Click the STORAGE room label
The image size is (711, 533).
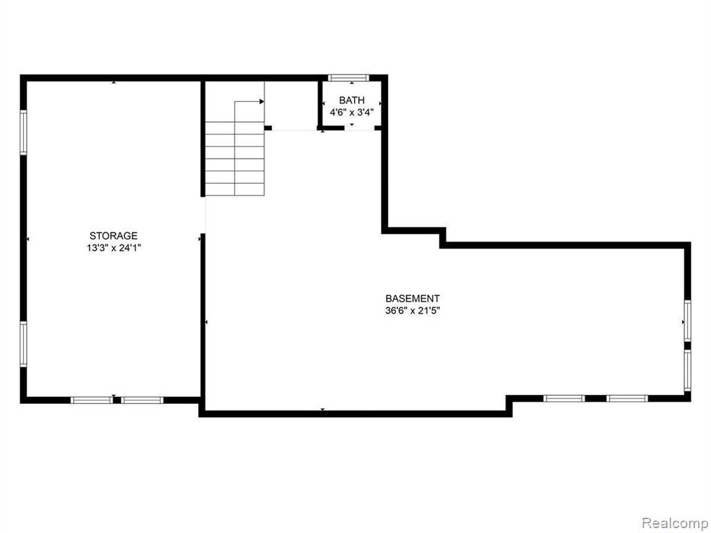pos(113,236)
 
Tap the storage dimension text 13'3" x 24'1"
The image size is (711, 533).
pos(114,248)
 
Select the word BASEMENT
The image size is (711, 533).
pos(412,298)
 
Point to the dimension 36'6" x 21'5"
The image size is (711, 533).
pos(412,311)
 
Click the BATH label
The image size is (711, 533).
pos(351,100)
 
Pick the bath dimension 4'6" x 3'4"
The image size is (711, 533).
pos(351,112)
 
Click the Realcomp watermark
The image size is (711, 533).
pos(674,523)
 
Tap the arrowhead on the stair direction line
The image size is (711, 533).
pos(262,101)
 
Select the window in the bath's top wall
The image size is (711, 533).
pos(349,78)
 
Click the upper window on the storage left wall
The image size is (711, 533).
pos(23,133)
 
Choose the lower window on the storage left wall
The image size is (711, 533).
pos(23,344)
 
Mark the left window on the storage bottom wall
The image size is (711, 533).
pos(92,400)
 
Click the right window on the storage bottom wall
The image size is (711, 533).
pos(142,400)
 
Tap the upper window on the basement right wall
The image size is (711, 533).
pos(687,321)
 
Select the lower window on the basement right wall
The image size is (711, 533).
pos(687,371)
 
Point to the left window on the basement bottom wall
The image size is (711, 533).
pos(564,399)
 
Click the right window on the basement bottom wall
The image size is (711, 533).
pos(627,399)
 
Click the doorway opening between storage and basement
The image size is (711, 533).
pos(203,215)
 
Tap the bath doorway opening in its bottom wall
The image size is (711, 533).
pos(359,128)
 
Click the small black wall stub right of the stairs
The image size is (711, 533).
pos(268,128)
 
